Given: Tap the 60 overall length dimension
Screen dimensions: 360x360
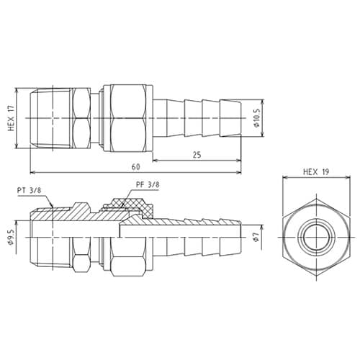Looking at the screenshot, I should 135,167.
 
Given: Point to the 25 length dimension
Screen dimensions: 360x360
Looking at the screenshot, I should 196,154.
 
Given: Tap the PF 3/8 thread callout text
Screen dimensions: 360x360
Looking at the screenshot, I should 148,185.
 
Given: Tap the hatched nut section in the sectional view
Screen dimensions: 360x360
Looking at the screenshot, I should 137,210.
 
